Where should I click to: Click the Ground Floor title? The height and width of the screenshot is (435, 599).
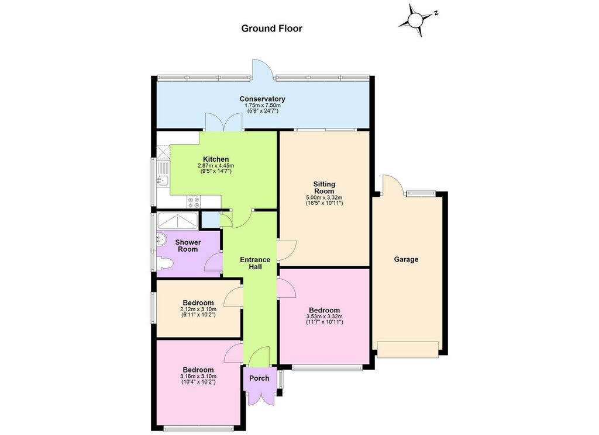pyautogui.click(x=271, y=29)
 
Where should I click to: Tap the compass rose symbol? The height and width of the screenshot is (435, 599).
pyautogui.click(x=416, y=20)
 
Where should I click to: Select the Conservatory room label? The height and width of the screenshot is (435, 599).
pyautogui.click(x=262, y=99)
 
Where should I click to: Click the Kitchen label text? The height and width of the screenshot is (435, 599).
pyautogui.click(x=216, y=159)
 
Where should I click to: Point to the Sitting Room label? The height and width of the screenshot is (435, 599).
pyautogui.click(x=324, y=187)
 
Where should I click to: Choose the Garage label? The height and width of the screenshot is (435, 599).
pyautogui.click(x=406, y=259)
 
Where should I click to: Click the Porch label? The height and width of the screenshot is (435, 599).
pyautogui.click(x=259, y=378)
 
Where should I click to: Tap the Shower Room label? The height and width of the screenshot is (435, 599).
pyautogui.click(x=188, y=246)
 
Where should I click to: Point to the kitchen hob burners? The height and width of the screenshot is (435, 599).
pyautogui.click(x=193, y=201)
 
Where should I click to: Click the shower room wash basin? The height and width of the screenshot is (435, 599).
pyautogui.click(x=161, y=239)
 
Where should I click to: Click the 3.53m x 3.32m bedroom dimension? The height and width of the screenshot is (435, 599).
pyautogui.click(x=324, y=316)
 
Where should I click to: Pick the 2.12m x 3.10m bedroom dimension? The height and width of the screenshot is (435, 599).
pyautogui.click(x=198, y=309)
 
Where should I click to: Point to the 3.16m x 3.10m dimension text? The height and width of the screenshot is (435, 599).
pyautogui.click(x=198, y=376)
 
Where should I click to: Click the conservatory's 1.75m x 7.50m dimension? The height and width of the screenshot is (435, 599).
pyautogui.click(x=262, y=106)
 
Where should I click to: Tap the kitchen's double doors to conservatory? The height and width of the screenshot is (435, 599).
pyautogui.click(x=224, y=122)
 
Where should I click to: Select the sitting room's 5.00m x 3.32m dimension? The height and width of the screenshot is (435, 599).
pyautogui.click(x=324, y=197)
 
